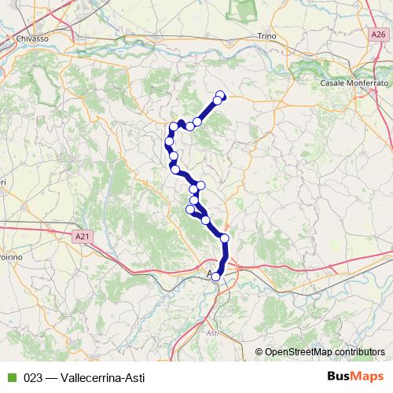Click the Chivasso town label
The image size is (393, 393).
(x=32, y=37)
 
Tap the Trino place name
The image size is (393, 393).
(x=268, y=36)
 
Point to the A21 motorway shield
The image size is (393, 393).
(x=84, y=234)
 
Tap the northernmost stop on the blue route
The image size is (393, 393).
(x=220, y=96)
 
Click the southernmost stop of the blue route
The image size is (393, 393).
(x=216, y=277)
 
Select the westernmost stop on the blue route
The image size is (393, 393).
(x=169, y=141)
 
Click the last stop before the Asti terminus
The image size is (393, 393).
(x=225, y=238)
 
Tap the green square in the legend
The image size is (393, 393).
(x=12, y=376)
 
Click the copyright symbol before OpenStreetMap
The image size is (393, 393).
(x=259, y=351)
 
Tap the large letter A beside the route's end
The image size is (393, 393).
(x=210, y=274)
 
